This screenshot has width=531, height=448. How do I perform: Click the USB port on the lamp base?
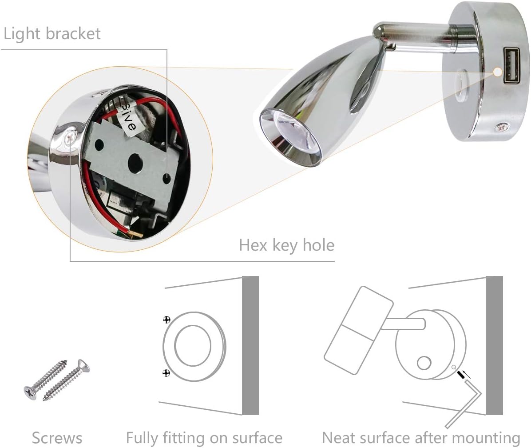(511, 65)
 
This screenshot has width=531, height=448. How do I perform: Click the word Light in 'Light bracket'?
(22, 34)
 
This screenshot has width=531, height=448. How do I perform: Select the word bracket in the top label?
(73, 33)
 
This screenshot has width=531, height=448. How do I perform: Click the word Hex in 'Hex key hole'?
(254, 245)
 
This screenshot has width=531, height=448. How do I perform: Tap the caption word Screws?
(57, 438)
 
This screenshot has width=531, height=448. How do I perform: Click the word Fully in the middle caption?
(142, 438)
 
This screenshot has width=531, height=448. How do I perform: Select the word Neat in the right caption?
(339, 437)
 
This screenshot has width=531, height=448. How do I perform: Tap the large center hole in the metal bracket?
(135, 162)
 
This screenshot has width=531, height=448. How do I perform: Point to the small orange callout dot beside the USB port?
(497, 72)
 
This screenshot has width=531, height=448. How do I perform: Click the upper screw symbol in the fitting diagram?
(166, 320)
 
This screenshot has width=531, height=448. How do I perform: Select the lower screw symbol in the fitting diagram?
(166, 373)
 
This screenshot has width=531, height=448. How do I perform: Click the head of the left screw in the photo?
(31, 393)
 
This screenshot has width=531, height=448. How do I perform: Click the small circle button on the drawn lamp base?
(424, 364)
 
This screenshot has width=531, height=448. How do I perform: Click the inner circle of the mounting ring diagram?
(175, 346)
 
